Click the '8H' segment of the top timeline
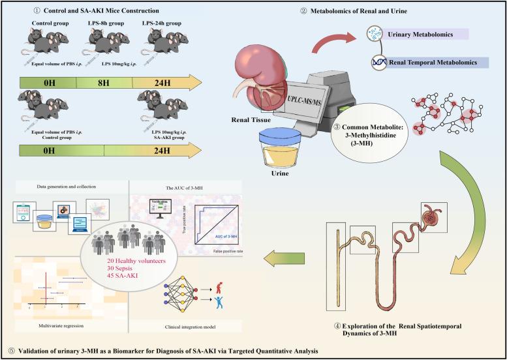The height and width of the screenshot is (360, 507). (x=104, y=82)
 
